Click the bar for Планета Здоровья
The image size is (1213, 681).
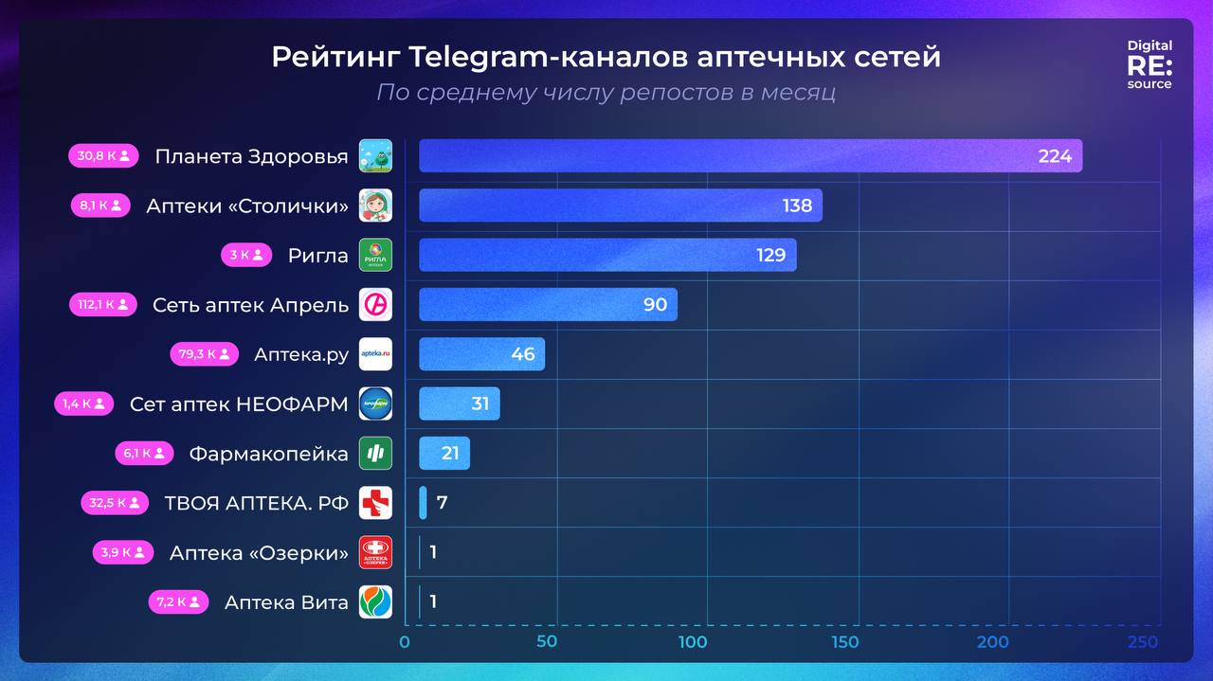749,156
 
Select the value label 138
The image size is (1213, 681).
797,206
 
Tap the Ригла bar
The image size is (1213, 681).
606,255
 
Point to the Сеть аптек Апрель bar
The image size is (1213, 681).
547,304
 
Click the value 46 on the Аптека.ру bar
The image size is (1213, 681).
523,354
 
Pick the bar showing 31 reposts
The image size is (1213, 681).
459,403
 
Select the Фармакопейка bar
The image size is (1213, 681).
444,454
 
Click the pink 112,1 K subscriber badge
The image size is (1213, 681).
102,305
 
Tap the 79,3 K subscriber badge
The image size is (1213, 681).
204,354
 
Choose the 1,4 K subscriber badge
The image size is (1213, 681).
83,404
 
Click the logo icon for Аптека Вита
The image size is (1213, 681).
375,602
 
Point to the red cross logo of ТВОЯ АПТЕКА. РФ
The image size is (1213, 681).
375,503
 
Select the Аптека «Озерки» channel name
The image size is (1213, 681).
259,553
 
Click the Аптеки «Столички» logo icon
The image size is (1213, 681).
375,206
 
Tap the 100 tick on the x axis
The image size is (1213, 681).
693,642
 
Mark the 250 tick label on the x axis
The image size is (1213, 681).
1143,642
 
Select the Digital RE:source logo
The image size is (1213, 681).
1150,64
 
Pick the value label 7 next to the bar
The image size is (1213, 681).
442,503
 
